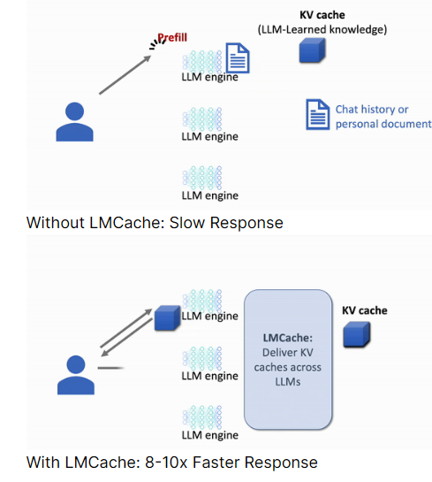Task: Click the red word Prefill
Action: click(172, 37)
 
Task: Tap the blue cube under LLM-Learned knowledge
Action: click(312, 50)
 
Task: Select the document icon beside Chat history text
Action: click(318, 114)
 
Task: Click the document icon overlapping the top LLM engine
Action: click(238, 57)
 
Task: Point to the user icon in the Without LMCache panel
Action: click(74, 122)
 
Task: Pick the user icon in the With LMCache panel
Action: click(76, 375)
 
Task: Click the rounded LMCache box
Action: click(288, 359)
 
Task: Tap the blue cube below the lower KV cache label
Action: click(357, 334)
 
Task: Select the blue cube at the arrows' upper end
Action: click(167, 318)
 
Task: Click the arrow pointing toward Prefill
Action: click(125, 74)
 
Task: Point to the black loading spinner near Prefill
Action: click(156, 44)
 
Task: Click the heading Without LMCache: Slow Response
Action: click(155, 223)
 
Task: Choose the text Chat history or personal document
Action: click(383, 117)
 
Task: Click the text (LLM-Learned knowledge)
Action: click(322, 29)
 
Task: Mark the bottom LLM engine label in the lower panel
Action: click(210, 435)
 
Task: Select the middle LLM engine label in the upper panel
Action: click(210, 136)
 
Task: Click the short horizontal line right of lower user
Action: click(110, 368)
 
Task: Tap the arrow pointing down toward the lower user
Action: click(126, 338)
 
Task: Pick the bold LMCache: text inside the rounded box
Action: click(288, 338)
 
